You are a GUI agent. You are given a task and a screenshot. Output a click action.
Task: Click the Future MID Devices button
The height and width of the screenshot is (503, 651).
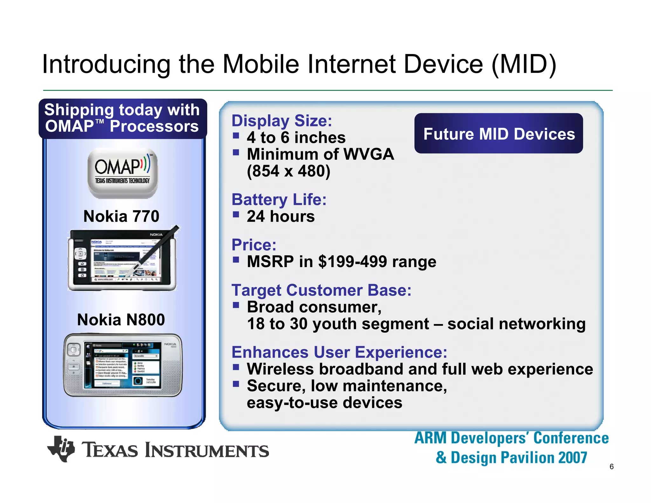tap(498, 134)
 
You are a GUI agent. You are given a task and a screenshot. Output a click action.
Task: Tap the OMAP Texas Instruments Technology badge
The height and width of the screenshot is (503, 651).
tap(122, 173)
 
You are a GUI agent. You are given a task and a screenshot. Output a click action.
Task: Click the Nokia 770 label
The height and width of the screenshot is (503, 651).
tap(121, 217)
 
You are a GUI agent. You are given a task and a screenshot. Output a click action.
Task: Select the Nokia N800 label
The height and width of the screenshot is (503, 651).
tap(121, 320)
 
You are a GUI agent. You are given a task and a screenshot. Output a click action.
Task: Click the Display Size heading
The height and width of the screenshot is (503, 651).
tap(282, 121)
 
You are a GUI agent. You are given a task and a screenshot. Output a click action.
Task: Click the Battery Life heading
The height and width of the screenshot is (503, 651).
tap(279, 200)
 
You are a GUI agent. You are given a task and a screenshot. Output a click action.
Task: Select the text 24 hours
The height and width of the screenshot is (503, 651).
tap(281, 217)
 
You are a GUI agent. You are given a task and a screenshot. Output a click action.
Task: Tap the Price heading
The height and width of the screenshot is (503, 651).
tap(254, 245)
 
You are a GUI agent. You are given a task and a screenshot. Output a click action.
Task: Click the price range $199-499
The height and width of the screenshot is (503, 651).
tap(353, 262)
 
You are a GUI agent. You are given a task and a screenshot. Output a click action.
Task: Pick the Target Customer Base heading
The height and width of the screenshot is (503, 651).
tap(321, 290)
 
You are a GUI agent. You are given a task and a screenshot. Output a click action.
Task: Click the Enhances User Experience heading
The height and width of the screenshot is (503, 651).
tap(339, 352)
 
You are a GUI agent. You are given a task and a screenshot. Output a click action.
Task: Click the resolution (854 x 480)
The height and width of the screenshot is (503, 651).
tap(288, 171)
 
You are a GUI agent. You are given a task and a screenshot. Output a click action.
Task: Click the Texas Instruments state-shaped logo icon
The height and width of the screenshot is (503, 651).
tap(61, 449)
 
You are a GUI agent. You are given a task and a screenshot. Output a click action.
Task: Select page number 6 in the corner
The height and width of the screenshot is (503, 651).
tap(611, 467)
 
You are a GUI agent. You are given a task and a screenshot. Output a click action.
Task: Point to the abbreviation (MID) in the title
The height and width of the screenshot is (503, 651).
tap(524, 64)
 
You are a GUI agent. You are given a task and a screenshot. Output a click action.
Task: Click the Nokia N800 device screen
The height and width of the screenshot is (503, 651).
tap(122, 365)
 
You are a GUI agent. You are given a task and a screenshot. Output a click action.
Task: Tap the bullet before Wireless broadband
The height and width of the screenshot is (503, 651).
tap(236, 368)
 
